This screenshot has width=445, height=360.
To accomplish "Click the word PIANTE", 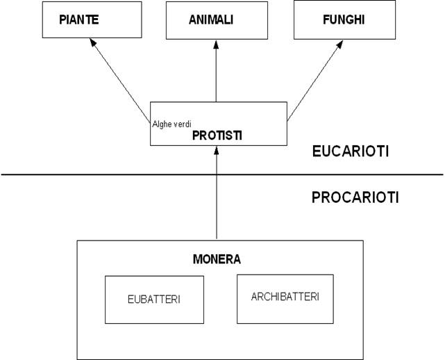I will [78, 19].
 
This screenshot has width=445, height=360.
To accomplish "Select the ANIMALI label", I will [211, 19].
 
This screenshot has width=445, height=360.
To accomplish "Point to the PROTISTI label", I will [217, 135].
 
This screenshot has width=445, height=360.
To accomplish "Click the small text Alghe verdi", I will [171, 125].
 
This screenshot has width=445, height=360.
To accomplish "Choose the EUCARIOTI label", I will [350, 152].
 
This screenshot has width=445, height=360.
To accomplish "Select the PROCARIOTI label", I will [355, 197].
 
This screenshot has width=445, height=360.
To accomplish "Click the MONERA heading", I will [217, 260].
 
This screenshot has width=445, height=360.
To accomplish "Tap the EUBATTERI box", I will [154, 300].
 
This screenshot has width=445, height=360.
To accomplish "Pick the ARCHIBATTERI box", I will [285, 298].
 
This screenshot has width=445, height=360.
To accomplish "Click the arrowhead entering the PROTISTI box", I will [217, 151].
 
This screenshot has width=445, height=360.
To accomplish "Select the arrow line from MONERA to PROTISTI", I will [217, 202].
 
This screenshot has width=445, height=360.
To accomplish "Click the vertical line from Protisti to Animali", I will [217, 76].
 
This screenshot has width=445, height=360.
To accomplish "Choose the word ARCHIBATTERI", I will [285, 297].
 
